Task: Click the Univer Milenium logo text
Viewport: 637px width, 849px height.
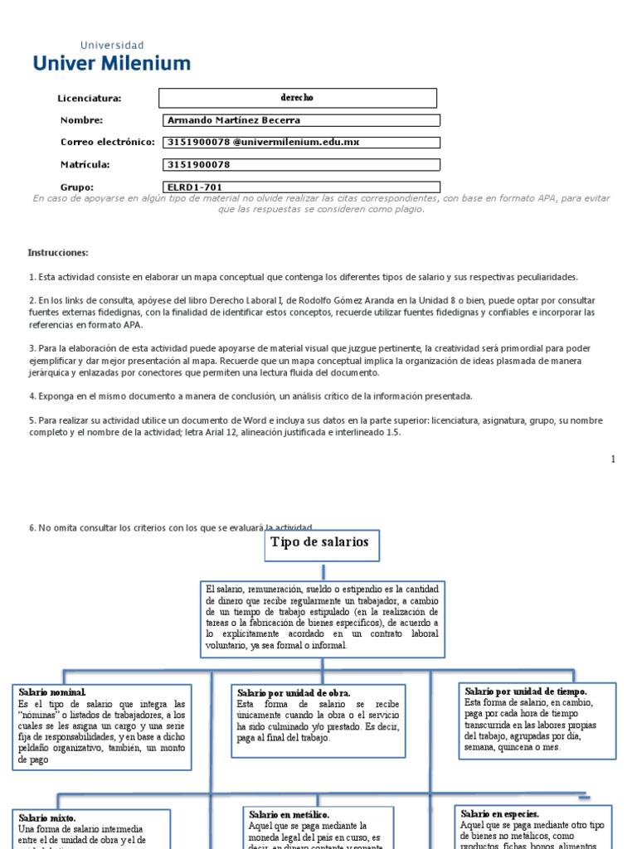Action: coord(111,63)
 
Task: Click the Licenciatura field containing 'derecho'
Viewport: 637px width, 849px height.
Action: coord(298,98)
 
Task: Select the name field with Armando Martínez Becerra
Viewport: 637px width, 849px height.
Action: coord(299,120)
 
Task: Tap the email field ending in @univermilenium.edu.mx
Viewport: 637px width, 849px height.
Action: coord(299,143)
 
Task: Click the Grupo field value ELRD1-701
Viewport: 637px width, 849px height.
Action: coord(299,187)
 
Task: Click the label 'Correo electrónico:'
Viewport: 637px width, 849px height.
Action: coord(108,143)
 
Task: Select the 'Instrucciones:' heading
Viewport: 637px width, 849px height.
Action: coord(58,252)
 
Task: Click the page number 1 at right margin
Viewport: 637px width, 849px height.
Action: coord(613,458)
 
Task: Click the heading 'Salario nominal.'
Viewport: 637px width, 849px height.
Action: coord(51,691)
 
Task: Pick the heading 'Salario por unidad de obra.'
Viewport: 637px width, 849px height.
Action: coord(294,692)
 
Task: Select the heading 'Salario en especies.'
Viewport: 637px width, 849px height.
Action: coord(500,813)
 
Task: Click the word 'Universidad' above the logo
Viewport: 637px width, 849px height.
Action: coord(111,45)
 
